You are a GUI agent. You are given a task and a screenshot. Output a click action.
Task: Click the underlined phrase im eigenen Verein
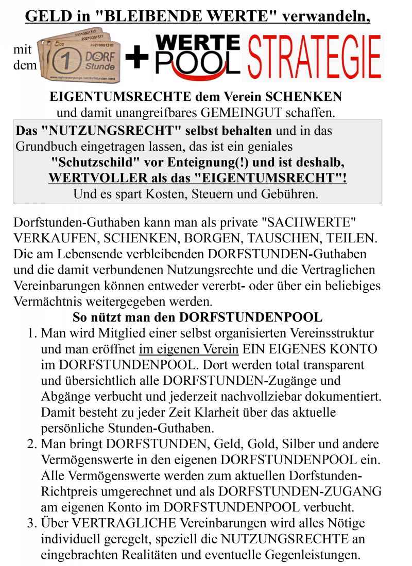click(x=188, y=349)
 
